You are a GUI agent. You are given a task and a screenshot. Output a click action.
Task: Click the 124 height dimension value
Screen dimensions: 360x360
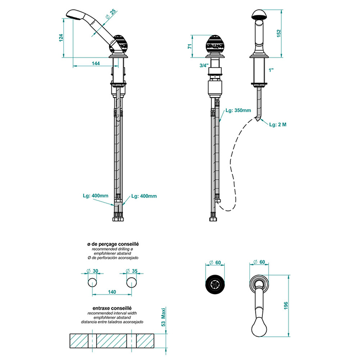(61, 38)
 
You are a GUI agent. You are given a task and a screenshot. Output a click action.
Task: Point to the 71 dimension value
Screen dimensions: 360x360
(190, 46)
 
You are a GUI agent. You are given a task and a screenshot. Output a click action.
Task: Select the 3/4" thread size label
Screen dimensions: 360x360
(204, 65)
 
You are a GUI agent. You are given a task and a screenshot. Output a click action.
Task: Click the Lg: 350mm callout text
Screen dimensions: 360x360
(238, 110)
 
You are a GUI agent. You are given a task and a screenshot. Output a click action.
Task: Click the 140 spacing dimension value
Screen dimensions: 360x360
(113, 292)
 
